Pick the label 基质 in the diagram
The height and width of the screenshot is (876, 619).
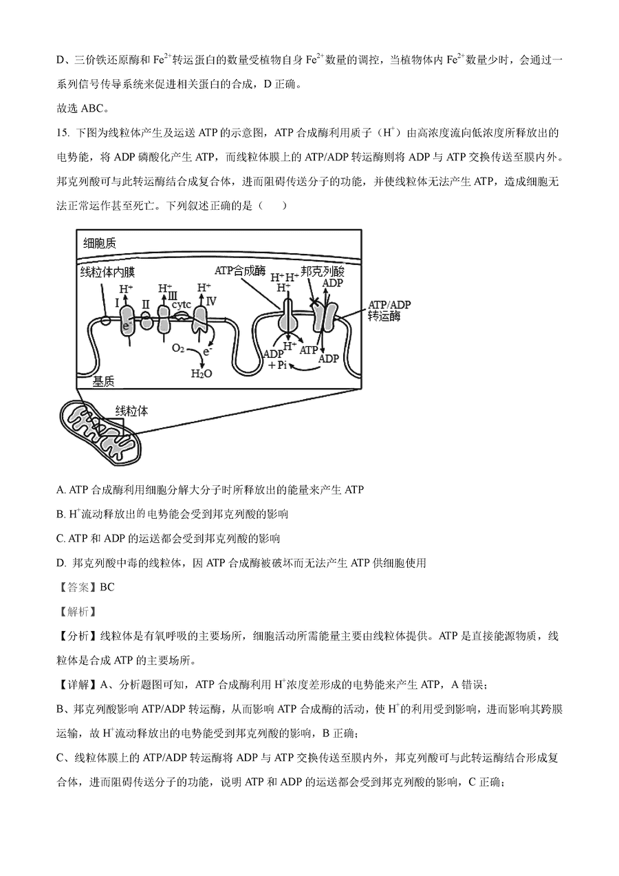tap(103, 381)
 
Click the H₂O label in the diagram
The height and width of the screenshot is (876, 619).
tap(202, 372)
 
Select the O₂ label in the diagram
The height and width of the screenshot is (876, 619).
tap(177, 348)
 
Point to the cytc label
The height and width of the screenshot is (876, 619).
tap(181, 303)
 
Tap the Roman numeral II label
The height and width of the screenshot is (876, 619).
tap(145, 303)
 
